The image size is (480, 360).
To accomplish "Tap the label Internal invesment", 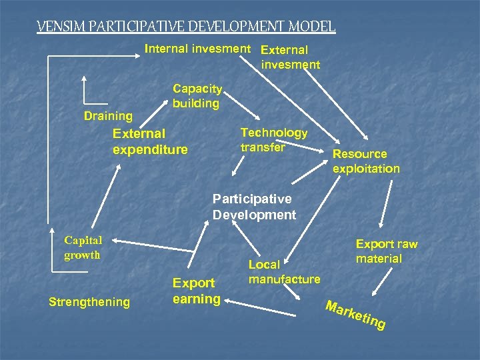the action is pyautogui.click(x=198, y=49).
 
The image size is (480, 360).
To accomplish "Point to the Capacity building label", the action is pyautogui.click(x=197, y=96).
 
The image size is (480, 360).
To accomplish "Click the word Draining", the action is pyautogui.click(x=108, y=117).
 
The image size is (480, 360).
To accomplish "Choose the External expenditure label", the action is pyautogui.click(x=150, y=141).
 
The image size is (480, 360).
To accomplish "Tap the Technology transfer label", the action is pyautogui.click(x=273, y=140).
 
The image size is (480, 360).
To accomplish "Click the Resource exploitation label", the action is pyautogui.click(x=366, y=161).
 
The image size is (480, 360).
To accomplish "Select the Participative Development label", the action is pyautogui.click(x=254, y=207).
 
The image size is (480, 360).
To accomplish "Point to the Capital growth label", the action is pyautogui.click(x=83, y=247).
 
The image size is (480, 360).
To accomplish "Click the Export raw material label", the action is pyautogui.click(x=387, y=251).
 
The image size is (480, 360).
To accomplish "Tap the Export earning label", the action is pyautogui.click(x=196, y=291).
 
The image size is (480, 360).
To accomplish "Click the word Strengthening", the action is pyautogui.click(x=89, y=302).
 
